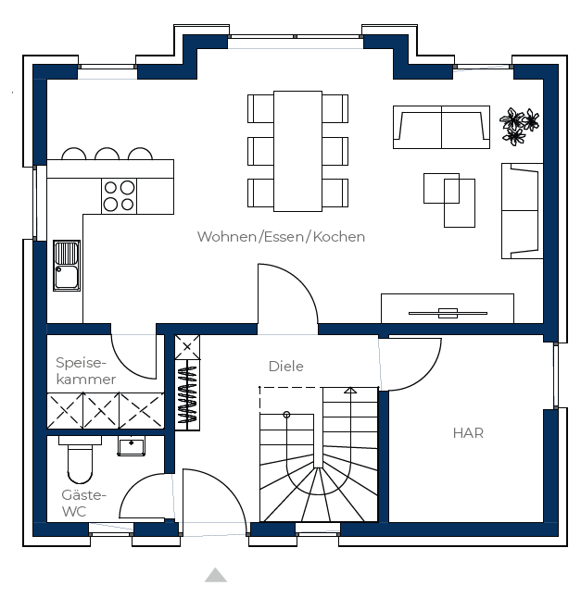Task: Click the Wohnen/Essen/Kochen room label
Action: click(281, 237)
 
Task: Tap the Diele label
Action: click(286, 367)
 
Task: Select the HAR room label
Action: click(468, 433)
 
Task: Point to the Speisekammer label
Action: click(86, 370)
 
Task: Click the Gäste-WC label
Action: click(83, 503)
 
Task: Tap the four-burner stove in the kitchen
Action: click(120, 196)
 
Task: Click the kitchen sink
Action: click(67, 266)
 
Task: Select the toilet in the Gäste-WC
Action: click(81, 459)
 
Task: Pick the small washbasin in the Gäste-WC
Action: click(132, 446)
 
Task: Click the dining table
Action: click(297, 151)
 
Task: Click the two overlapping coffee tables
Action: click(449, 200)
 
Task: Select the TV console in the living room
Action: click(448, 308)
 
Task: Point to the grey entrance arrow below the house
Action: click(216, 575)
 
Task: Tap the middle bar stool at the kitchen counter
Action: click(107, 154)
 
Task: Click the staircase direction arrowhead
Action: click(350, 390)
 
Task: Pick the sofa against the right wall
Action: click(523, 211)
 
